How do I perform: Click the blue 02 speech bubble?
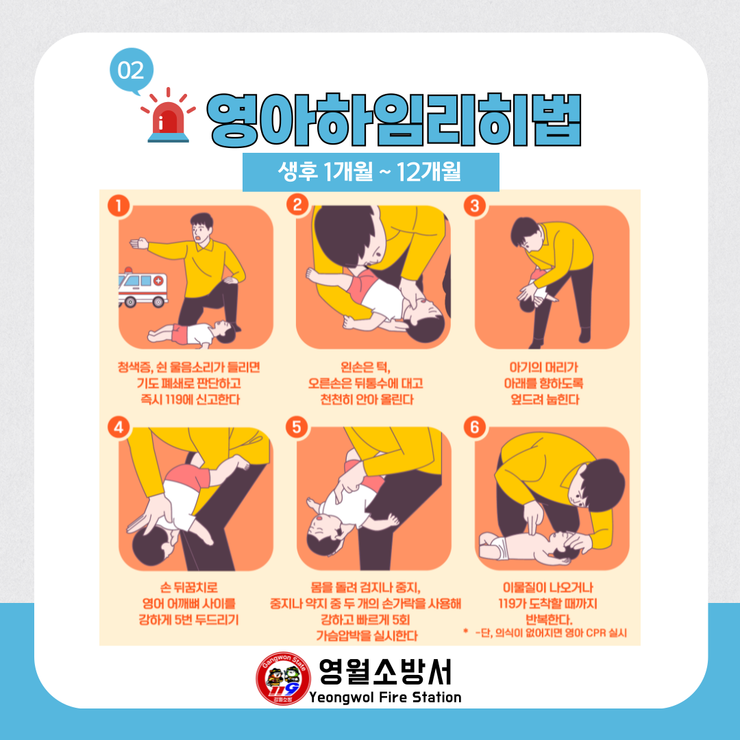(132, 71)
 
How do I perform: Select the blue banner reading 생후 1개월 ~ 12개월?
(371, 172)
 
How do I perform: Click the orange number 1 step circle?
(119, 206)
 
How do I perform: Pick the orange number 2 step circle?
(297, 205)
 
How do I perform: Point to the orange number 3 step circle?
(475, 206)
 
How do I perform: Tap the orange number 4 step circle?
(119, 427)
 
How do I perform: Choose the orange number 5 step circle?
(297, 427)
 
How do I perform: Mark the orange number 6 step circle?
(475, 427)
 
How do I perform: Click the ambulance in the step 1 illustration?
(143, 288)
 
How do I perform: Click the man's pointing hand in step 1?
(138, 243)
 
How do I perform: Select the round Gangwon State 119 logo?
(283, 678)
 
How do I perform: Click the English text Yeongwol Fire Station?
(385, 698)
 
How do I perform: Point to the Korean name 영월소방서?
(385, 671)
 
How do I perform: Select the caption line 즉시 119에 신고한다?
(190, 399)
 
